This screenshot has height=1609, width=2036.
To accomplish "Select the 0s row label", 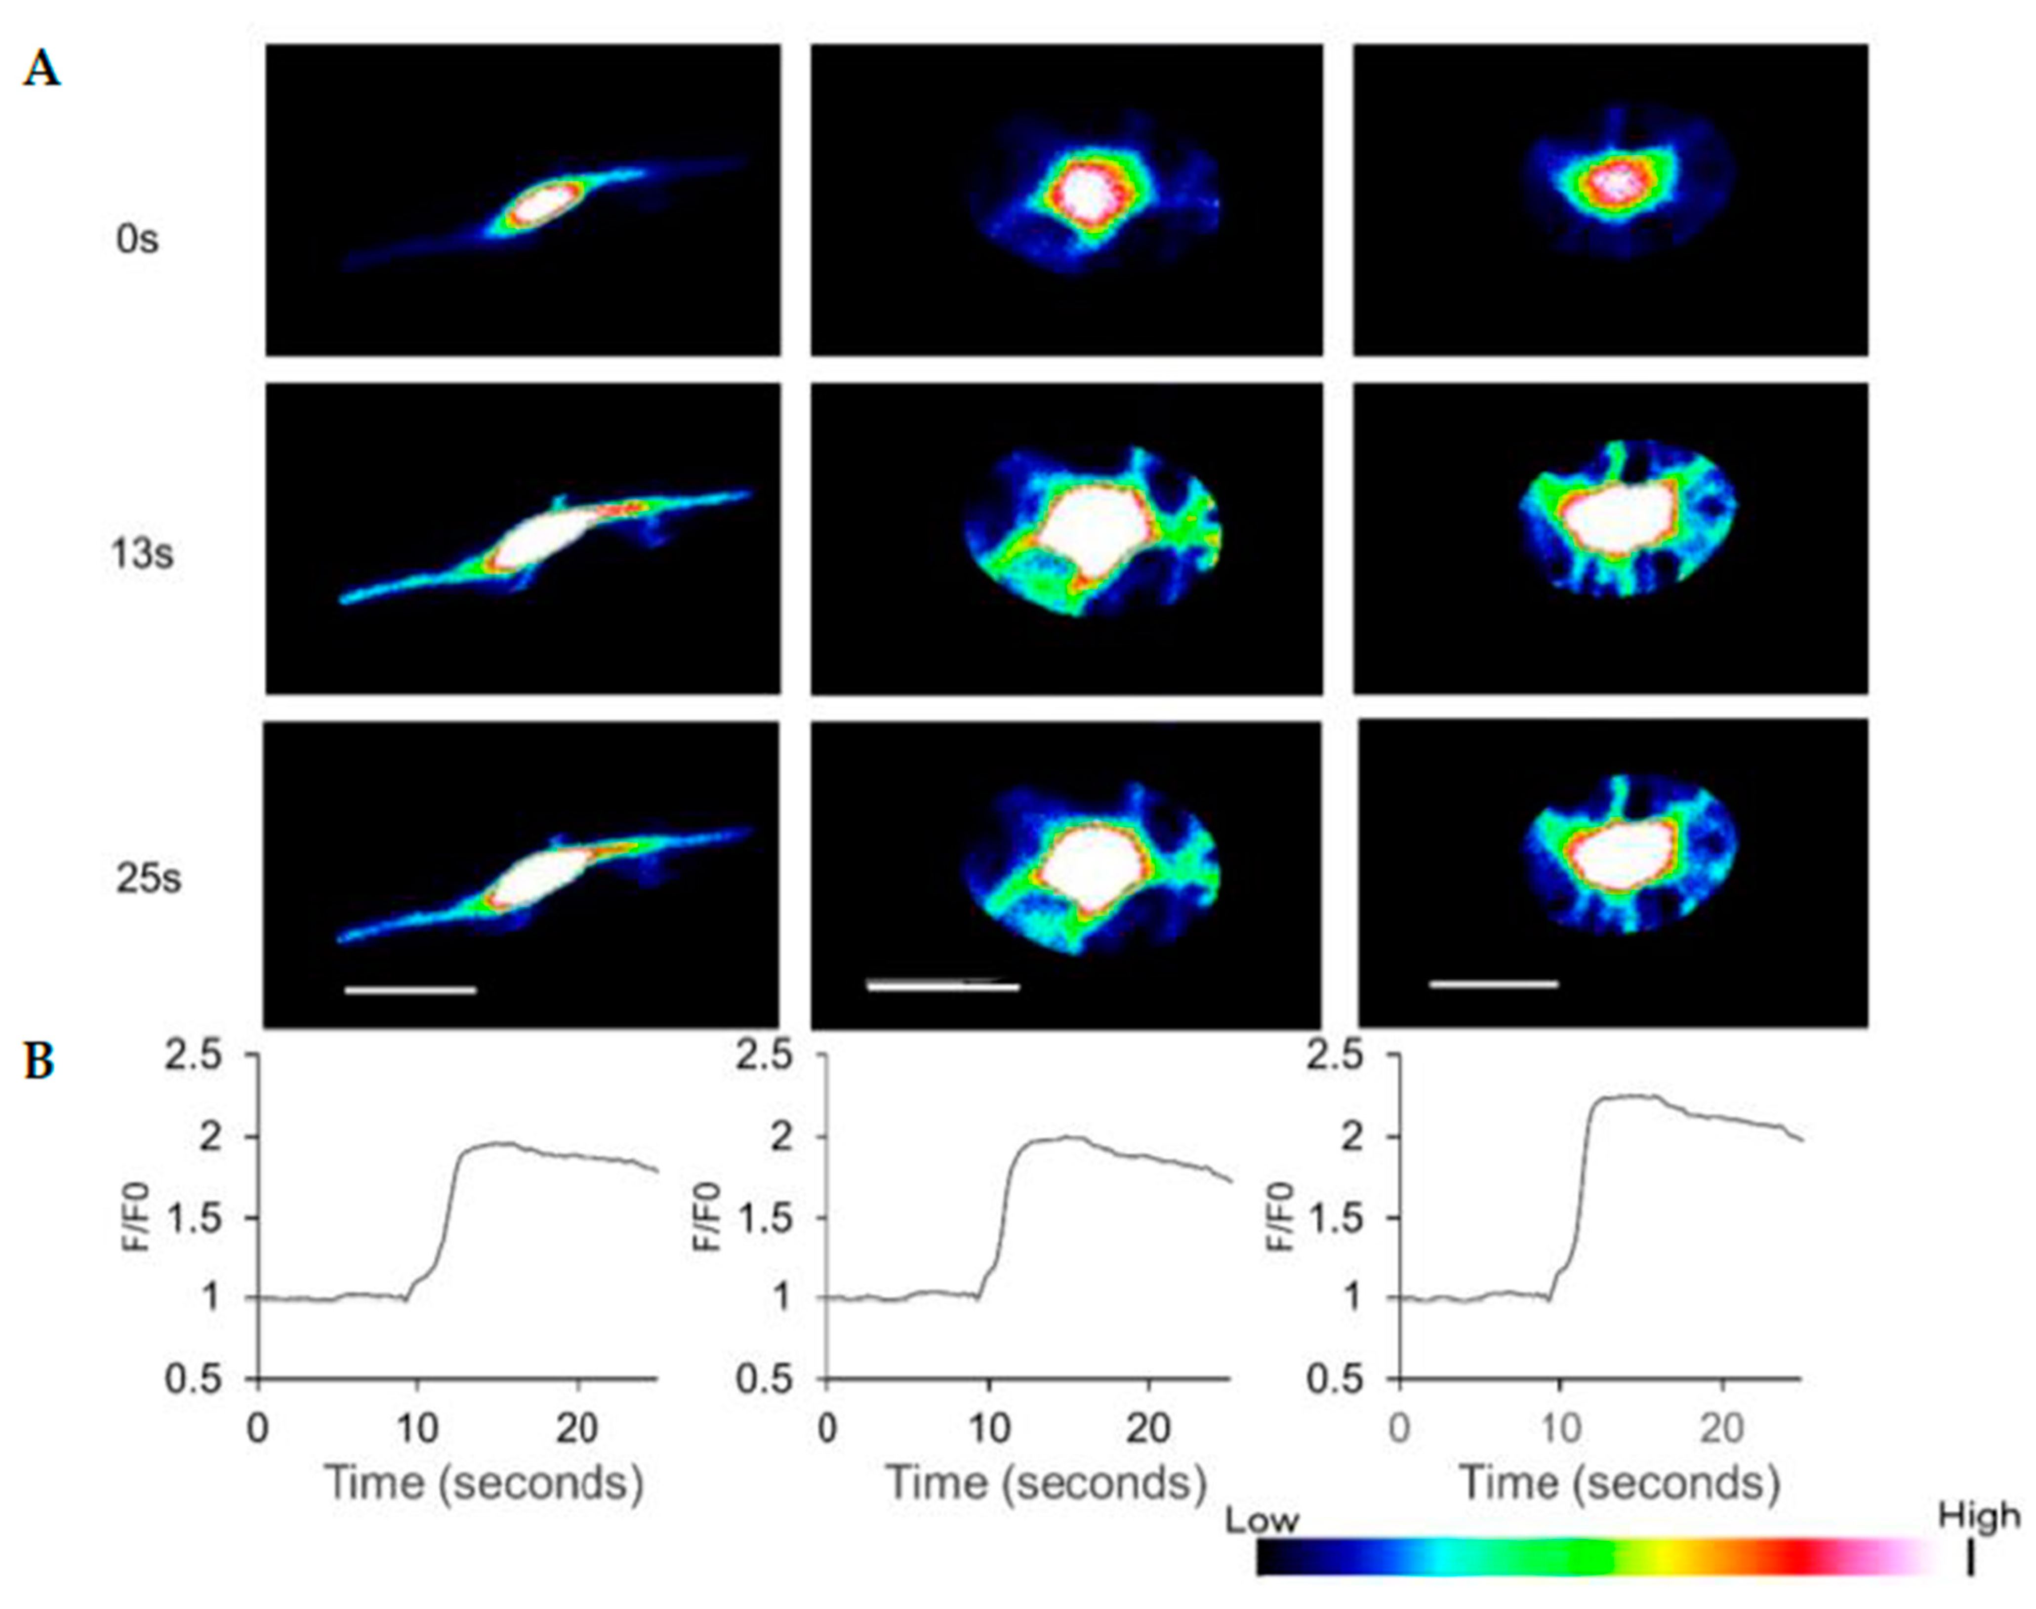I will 137,240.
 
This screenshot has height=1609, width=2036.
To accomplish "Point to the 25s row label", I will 148,879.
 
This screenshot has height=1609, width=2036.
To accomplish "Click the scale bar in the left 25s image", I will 411,990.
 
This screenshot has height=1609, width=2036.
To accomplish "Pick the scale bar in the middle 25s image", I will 942,986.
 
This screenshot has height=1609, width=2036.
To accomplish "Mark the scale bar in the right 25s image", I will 1493,984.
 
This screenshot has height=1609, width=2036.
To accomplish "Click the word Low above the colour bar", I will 1262,1521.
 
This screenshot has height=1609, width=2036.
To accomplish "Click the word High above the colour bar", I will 1979,1516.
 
